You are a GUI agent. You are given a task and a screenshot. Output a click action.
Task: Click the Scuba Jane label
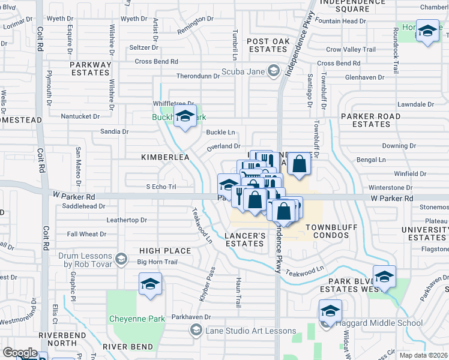243,71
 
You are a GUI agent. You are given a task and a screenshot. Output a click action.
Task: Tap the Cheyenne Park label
137,319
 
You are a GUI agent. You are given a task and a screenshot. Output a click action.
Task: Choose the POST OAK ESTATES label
268,45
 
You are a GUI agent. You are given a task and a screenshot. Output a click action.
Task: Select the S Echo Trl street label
161,187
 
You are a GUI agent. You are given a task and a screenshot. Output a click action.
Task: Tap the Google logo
20,353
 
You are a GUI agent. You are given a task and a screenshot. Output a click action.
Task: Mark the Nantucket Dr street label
80,116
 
